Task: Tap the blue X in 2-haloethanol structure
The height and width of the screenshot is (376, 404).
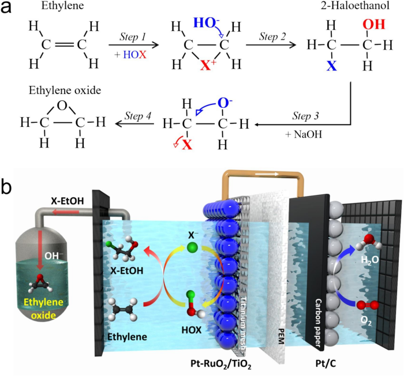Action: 331,65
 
